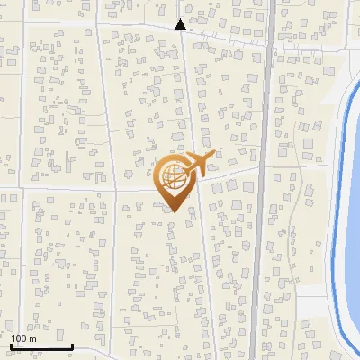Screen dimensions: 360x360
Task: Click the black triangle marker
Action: (x=181, y=24)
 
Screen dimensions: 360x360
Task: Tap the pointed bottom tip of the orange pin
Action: (x=173, y=211)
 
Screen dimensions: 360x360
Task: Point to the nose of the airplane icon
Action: (x=213, y=156)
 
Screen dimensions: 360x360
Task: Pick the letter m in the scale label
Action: (x=33, y=338)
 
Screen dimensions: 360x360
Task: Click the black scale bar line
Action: (x=41, y=346)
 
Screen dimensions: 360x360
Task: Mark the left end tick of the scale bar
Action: (x=11, y=345)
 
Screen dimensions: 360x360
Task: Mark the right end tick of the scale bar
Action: (x=72, y=345)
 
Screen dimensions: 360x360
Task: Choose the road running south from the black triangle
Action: (x=187, y=90)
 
